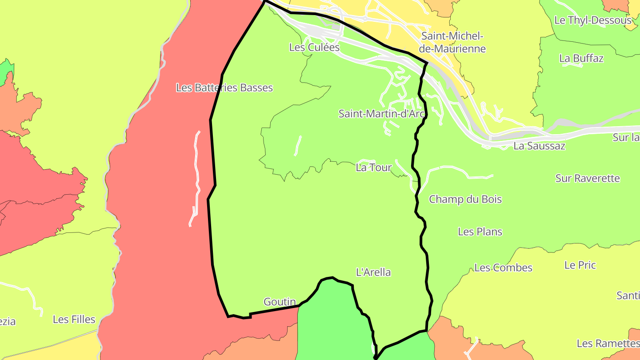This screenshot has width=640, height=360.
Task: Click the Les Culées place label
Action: [314, 47]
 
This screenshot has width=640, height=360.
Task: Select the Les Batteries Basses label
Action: [224, 88]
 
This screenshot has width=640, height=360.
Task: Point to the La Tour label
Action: [374, 168]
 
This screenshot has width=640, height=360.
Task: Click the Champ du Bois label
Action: [465, 199]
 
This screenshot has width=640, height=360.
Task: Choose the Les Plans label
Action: [480, 232]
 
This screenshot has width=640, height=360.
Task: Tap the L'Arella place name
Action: [374, 272]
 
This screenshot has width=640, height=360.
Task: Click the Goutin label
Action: [280, 302]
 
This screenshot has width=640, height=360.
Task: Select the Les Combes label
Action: [503, 268]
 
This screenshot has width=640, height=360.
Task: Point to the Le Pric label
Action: [580, 265]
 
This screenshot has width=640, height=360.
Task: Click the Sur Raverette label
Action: [588, 178]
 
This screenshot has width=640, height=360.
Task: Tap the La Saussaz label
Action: [539, 146]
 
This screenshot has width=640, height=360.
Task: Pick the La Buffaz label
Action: [581, 58]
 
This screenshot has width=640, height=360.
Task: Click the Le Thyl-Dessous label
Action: [593, 20]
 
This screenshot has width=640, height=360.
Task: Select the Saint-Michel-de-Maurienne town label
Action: [452, 42]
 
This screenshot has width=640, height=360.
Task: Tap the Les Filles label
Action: [74, 319]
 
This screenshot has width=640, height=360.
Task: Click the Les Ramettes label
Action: [608, 344]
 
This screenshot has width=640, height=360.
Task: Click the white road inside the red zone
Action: [196, 178]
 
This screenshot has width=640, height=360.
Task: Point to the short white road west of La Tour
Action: [298, 145]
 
